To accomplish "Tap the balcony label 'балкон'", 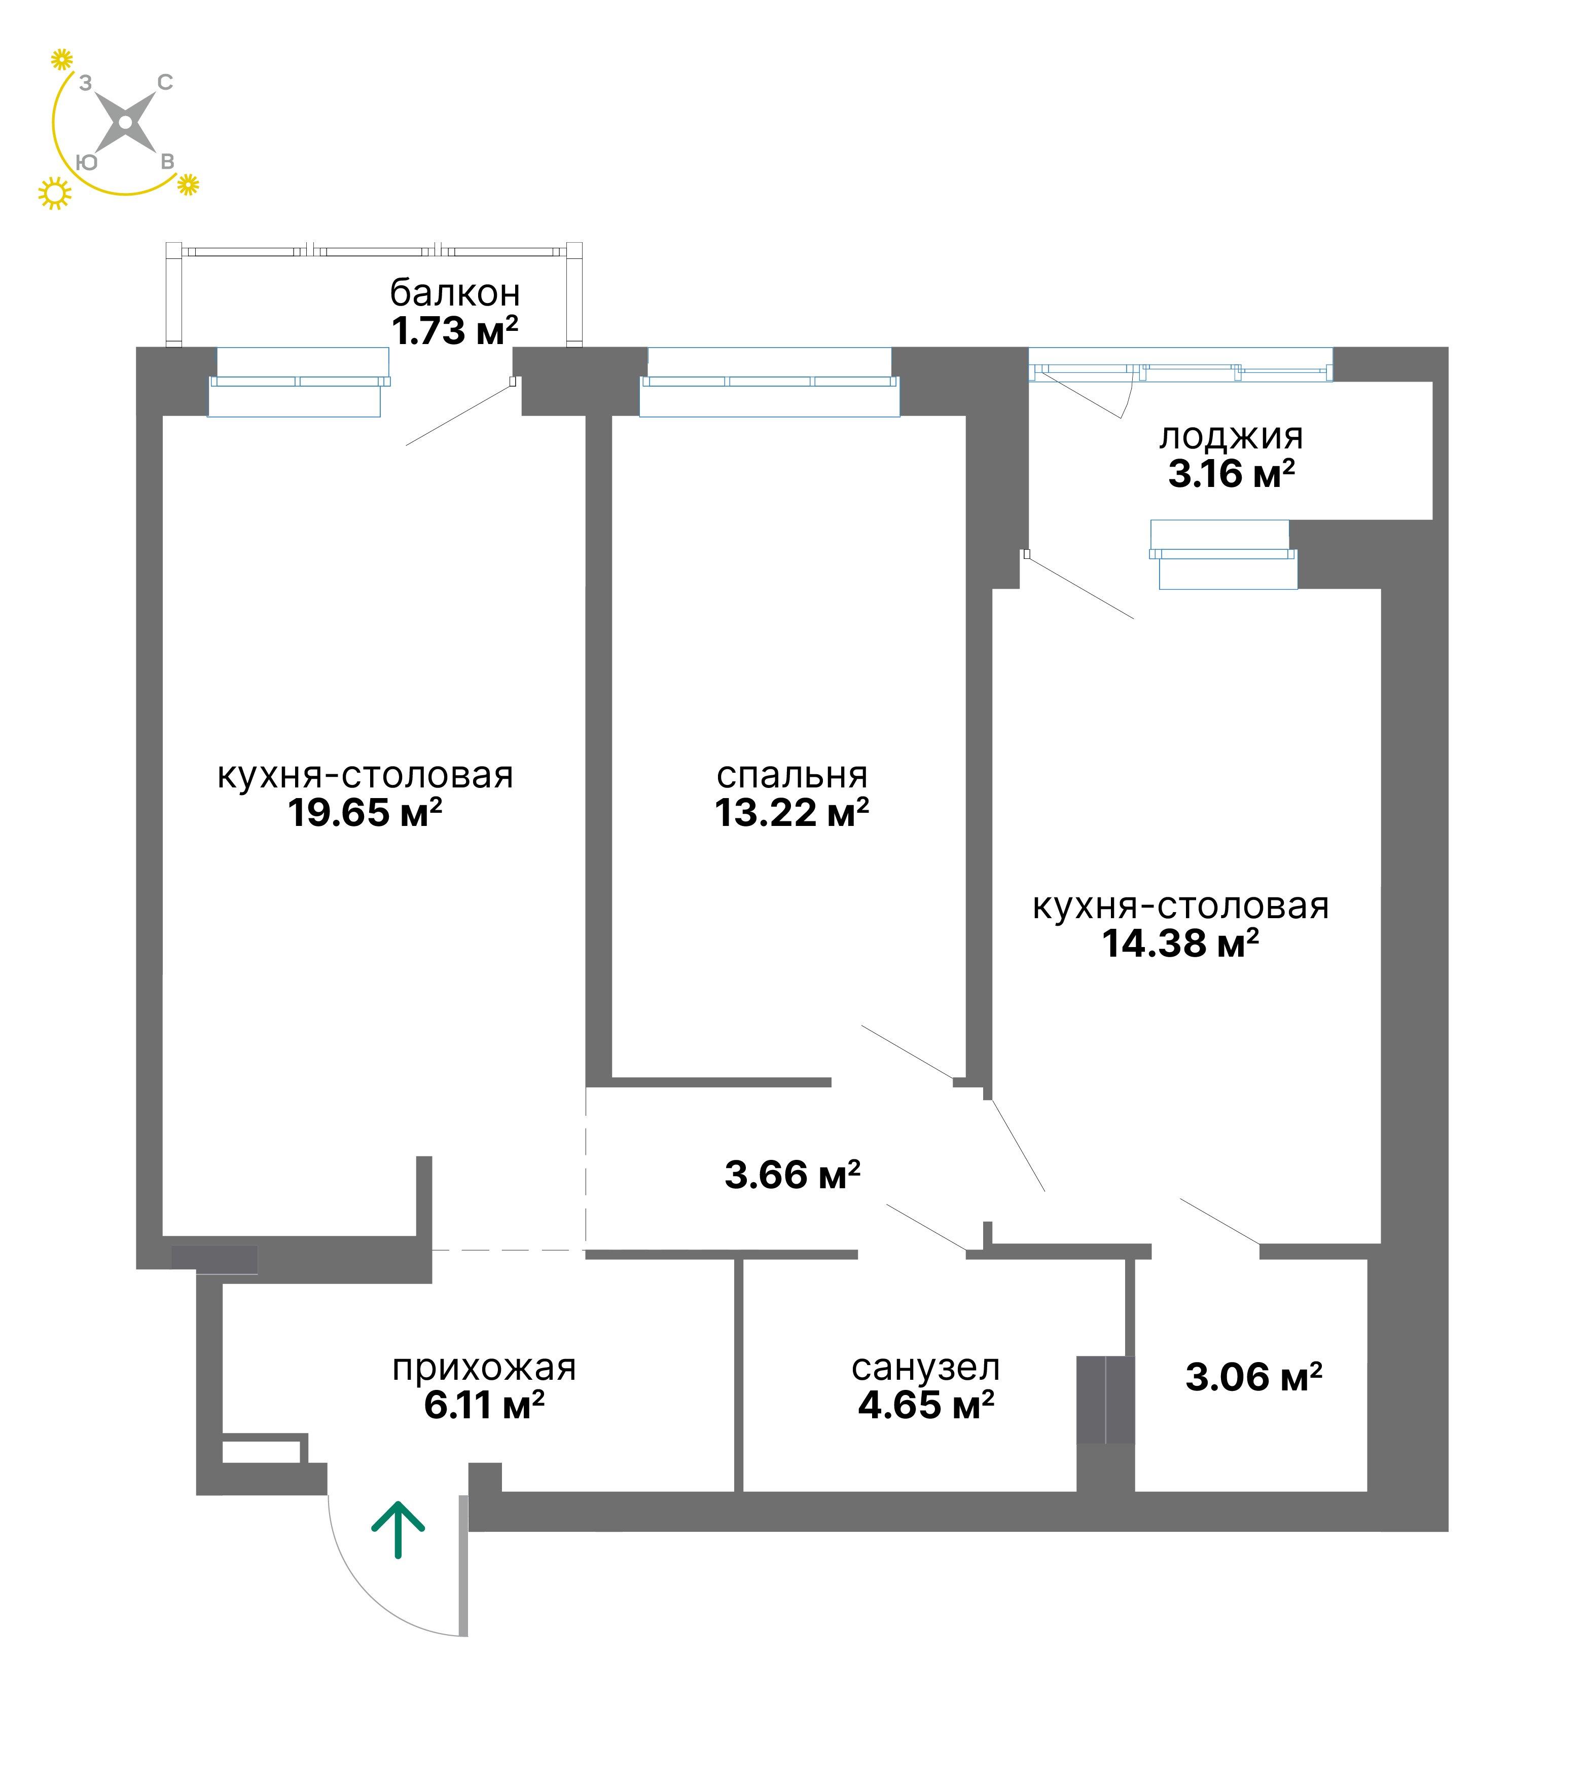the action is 455,293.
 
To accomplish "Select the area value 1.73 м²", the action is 455,331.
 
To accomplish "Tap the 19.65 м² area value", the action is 365,812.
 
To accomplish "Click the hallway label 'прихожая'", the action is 484,1368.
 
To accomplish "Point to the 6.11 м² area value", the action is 484,1405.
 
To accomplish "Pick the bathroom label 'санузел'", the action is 926,1368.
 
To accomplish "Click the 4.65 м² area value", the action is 926,1405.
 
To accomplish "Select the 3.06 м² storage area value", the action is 1254,1377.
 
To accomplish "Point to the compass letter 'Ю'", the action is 86,162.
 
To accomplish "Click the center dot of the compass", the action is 125,122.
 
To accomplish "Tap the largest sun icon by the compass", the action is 55,193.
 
